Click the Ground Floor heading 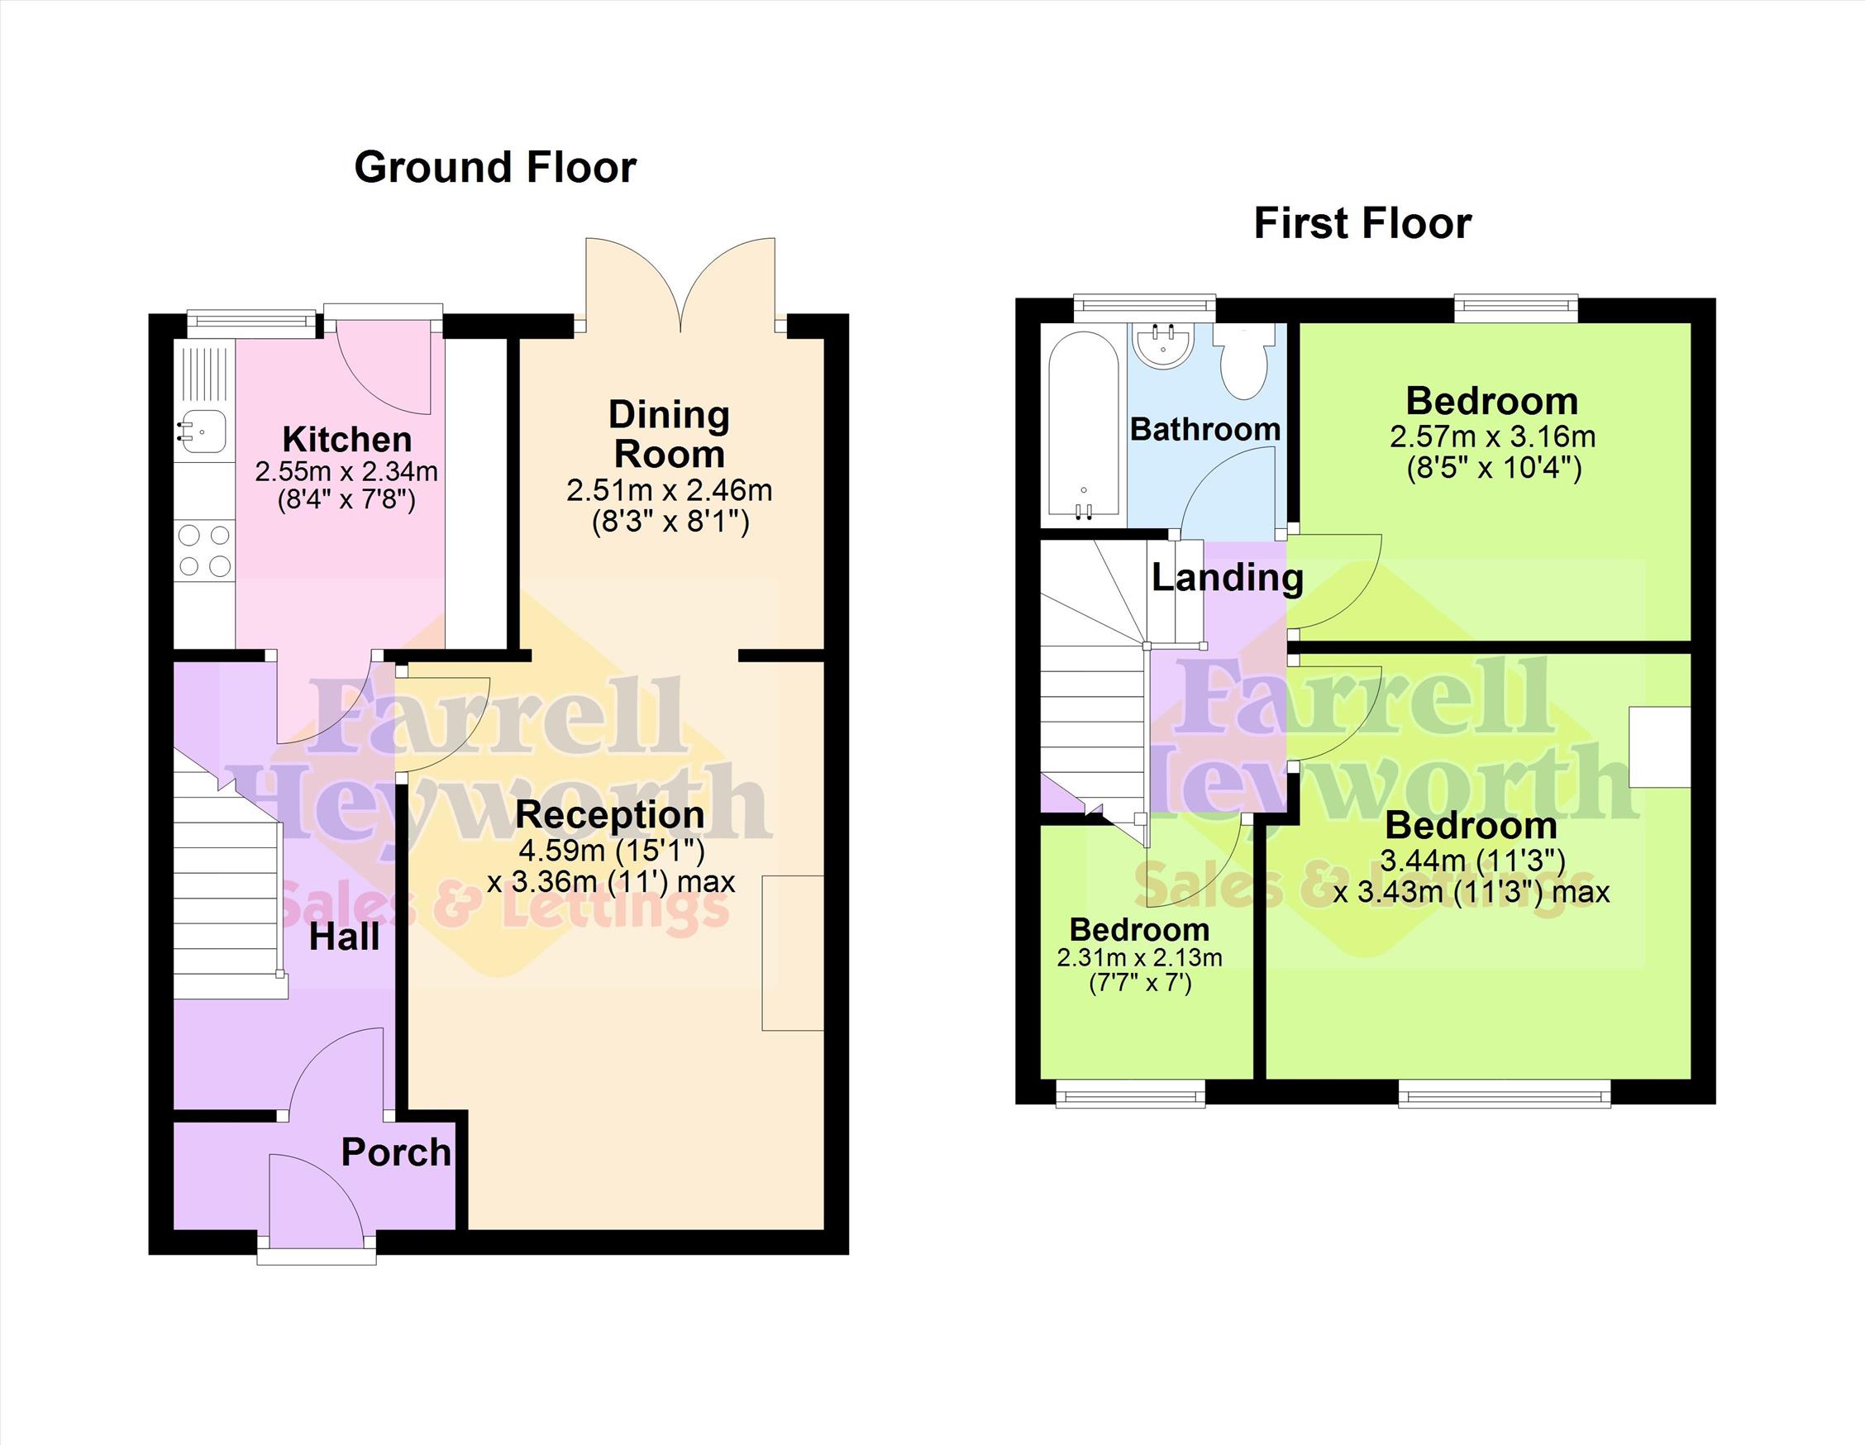(x=495, y=167)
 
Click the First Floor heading (x=1363, y=224)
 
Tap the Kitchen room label (x=346, y=440)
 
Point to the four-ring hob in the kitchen (x=204, y=551)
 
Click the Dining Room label (x=670, y=435)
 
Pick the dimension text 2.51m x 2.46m (x=670, y=490)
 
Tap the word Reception (x=610, y=815)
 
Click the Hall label (x=343, y=937)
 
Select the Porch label (x=396, y=1153)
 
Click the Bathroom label (x=1205, y=429)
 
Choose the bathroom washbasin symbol (x=1161, y=345)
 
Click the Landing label (x=1227, y=578)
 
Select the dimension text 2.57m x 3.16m (x=1493, y=437)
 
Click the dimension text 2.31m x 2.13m (x=1139, y=957)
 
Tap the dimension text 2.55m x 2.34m (x=346, y=471)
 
